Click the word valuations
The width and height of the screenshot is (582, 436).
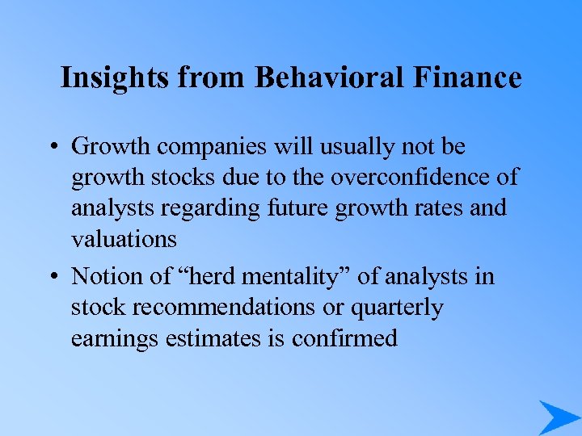pyautogui.click(x=124, y=239)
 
